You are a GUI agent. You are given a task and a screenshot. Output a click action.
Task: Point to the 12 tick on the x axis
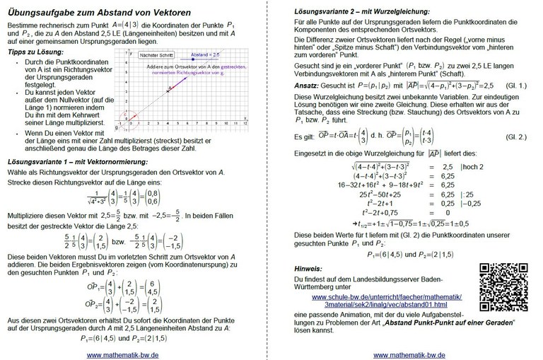click(x=245, y=123)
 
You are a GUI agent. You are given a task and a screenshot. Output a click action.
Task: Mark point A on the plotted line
click(x=168, y=88)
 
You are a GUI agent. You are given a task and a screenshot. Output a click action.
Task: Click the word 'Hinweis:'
click(x=310, y=269)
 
